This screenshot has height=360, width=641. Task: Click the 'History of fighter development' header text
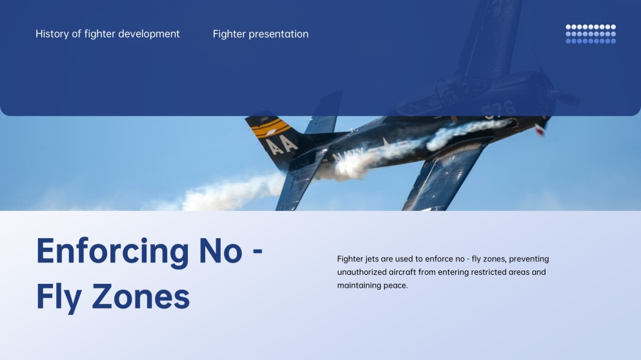[108, 34]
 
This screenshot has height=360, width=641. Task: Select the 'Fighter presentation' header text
[261, 34]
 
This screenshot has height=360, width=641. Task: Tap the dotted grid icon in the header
[591, 34]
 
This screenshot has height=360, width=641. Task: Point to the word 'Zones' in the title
[141, 297]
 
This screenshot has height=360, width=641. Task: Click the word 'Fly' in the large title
[59, 297]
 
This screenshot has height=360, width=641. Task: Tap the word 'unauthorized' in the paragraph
[363, 272]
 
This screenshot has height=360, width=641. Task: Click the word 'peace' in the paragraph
[396, 286]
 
